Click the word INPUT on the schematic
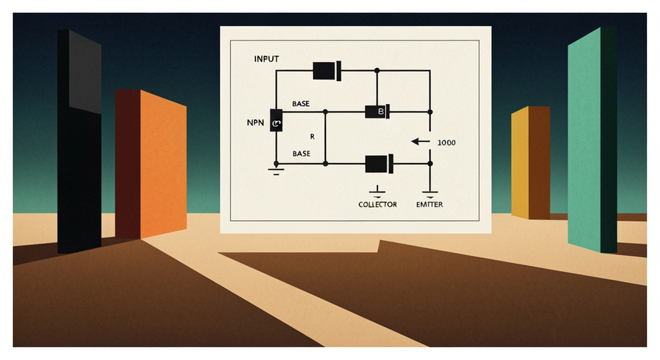point(267,59)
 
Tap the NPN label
point(255,123)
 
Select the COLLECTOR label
point(377,205)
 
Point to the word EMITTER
point(429,205)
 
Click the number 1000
point(446,143)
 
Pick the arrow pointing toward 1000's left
point(420,142)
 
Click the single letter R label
point(312,137)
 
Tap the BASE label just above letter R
point(301,104)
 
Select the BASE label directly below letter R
point(302,154)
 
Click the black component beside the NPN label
point(276,121)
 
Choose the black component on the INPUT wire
point(327,71)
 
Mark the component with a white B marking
point(377,112)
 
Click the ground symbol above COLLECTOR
point(377,192)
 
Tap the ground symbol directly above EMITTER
point(430,194)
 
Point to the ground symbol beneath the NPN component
point(276,171)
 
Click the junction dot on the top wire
point(377,70)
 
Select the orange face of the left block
point(163,164)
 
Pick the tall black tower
point(79,141)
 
